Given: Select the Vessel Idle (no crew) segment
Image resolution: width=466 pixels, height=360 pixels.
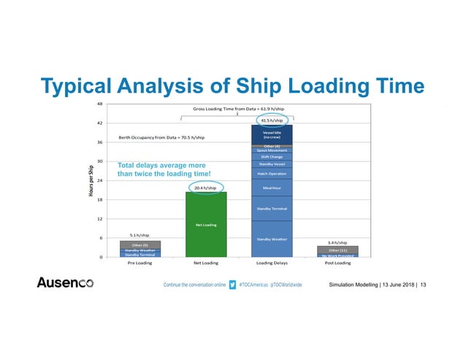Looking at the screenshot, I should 271,134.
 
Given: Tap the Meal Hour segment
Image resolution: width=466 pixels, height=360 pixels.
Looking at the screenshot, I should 271,188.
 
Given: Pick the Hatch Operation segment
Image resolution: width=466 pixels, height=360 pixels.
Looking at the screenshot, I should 271,174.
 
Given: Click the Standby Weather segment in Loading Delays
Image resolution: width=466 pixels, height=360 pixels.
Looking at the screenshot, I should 271,239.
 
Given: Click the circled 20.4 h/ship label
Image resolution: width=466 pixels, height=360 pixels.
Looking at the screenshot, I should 206,188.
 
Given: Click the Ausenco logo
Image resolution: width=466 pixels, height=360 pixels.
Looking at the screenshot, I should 70,283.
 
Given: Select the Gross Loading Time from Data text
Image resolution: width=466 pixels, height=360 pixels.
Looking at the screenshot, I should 238,108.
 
